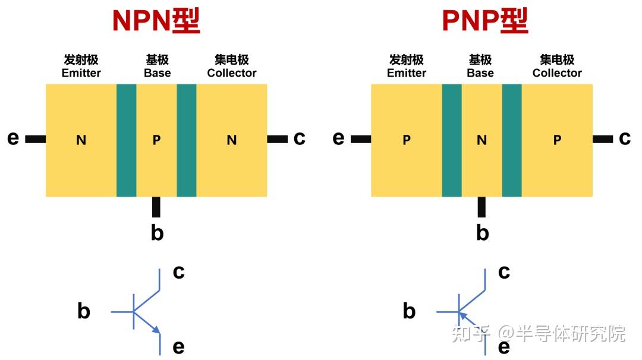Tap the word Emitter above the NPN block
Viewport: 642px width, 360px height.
(81, 73)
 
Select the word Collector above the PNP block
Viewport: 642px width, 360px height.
(557, 73)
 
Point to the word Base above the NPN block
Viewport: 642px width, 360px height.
(157, 73)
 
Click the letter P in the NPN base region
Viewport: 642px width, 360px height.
(156, 140)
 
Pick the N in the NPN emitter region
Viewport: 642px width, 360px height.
(81, 140)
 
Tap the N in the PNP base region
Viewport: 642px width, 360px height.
(481, 140)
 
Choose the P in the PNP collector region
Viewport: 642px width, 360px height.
(557, 140)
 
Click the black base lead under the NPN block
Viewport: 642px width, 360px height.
(156, 207)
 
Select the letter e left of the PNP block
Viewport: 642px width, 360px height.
(338, 138)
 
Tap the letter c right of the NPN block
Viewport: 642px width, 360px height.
(299, 138)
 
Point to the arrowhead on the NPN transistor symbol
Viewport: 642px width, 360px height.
(156, 330)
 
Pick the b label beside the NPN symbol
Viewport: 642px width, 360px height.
(84, 311)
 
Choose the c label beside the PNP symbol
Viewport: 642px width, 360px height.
(504, 271)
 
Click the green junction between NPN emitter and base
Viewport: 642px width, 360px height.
(127, 140)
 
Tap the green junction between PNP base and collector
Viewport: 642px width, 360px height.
(512, 140)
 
